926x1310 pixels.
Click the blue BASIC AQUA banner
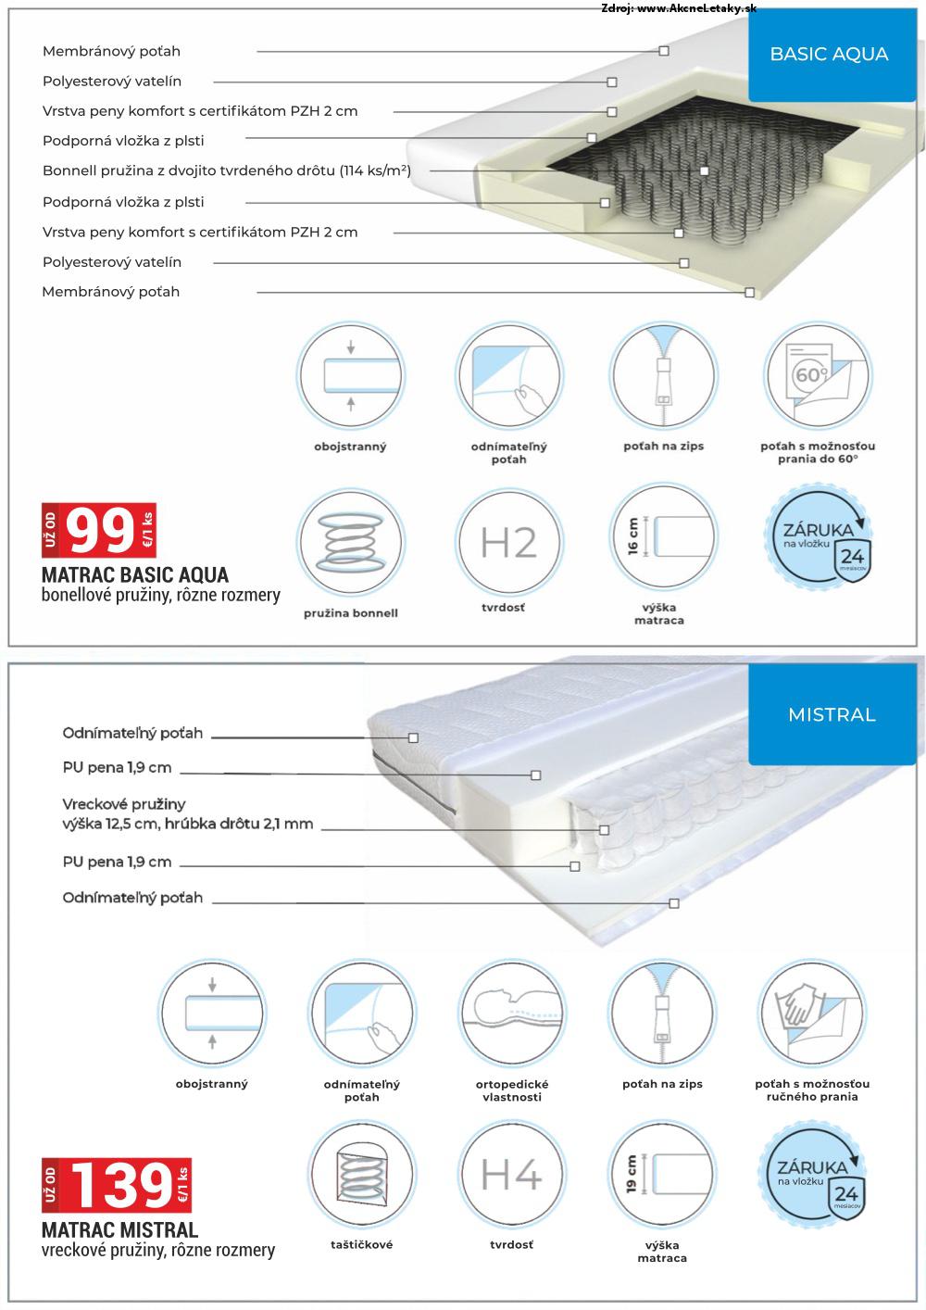[x=829, y=54]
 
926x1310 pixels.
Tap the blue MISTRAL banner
[x=831, y=714]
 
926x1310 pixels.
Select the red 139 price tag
[x=117, y=1185]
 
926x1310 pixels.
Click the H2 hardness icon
[x=508, y=543]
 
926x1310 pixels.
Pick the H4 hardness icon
[x=510, y=1176]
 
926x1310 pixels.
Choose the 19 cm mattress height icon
[x=661, y=1176]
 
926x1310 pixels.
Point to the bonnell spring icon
[x=350, y=542]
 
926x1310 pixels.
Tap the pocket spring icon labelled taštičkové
[x=361, y=1176]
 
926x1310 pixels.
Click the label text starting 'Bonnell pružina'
[x=227, y=170]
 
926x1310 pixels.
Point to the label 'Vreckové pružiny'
[x=124, y=804]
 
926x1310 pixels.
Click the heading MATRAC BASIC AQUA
[x=135, y=574]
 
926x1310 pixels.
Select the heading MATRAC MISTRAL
[x=120, y=1230]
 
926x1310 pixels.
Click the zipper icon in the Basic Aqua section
[x=662, y=376]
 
